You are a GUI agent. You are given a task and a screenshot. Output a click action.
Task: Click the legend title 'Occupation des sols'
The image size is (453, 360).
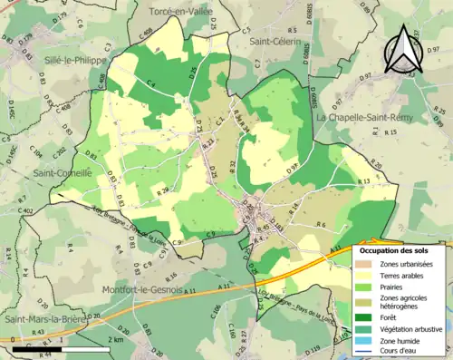(396, 249)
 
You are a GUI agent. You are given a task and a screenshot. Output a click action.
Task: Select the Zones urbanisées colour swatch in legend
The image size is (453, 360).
(367, 264)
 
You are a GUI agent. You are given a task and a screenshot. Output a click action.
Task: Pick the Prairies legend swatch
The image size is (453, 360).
(367, 286)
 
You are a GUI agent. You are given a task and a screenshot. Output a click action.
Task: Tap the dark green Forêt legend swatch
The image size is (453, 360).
(367, 317)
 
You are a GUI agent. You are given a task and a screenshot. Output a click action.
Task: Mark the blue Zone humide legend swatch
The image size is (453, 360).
(367, 339)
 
